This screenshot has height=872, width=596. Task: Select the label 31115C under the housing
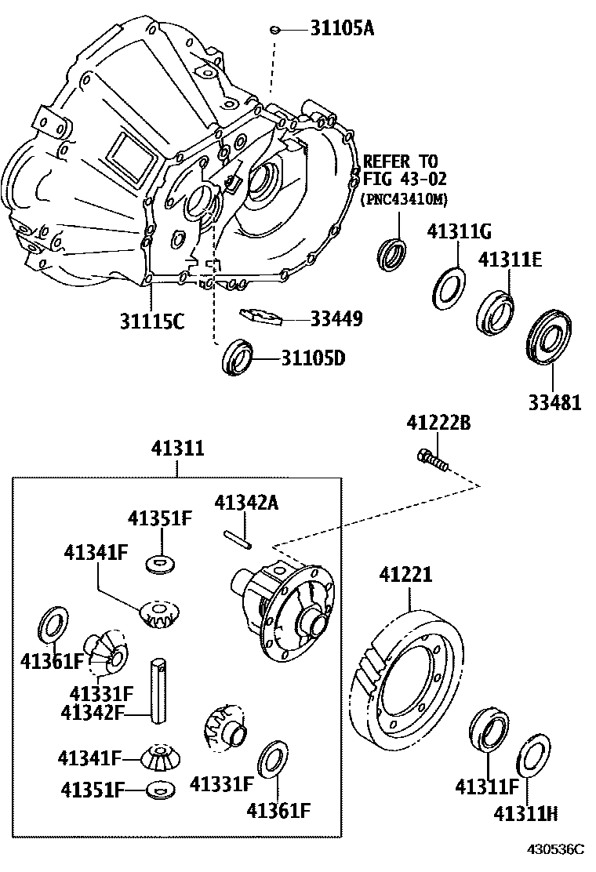tap(152, 321)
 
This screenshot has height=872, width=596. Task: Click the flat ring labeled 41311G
tap(449, 288)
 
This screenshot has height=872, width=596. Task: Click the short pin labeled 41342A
tap(235, 537)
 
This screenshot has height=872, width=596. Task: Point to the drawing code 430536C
tap(556, 849)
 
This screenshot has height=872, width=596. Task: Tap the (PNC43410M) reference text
tap(404, 200)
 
